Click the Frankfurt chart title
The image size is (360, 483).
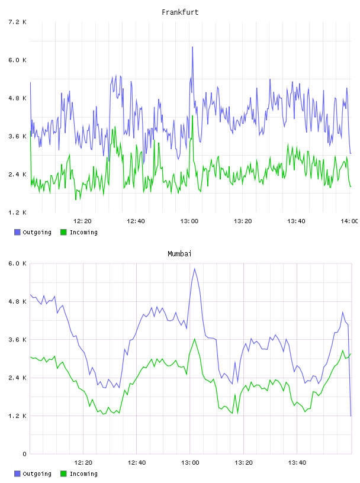pos(180,12)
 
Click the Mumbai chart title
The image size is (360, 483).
pos(179,253)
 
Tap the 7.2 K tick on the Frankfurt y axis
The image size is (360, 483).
pos(17,22)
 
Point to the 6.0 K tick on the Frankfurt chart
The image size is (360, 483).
pos(17,60)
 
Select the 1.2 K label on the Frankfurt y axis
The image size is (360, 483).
pos(17,212)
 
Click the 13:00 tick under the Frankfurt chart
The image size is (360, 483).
pos(189,221)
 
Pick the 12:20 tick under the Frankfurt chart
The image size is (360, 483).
pos(82,221)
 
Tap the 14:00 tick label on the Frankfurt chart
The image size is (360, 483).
pos(349,221)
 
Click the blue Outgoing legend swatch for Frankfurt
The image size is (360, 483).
pos(17,232)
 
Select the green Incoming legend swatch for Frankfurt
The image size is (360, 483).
pos(63,232)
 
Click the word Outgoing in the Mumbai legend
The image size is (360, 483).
pos(37,474)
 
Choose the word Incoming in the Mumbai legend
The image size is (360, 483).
pos(83,474)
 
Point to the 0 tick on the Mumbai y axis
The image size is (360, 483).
pos(24,454)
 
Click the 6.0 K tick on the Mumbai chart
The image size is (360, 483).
pos(17,263)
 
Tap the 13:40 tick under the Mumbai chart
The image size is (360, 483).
pos(297,462)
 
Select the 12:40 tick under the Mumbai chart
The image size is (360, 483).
pos(137,462)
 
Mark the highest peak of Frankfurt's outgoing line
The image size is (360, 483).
pos(192,47)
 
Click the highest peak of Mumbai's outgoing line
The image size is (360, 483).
pos(194,269)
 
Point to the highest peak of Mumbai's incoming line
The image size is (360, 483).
pos(194,339)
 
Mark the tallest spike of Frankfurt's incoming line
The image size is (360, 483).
pos(192,116)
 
